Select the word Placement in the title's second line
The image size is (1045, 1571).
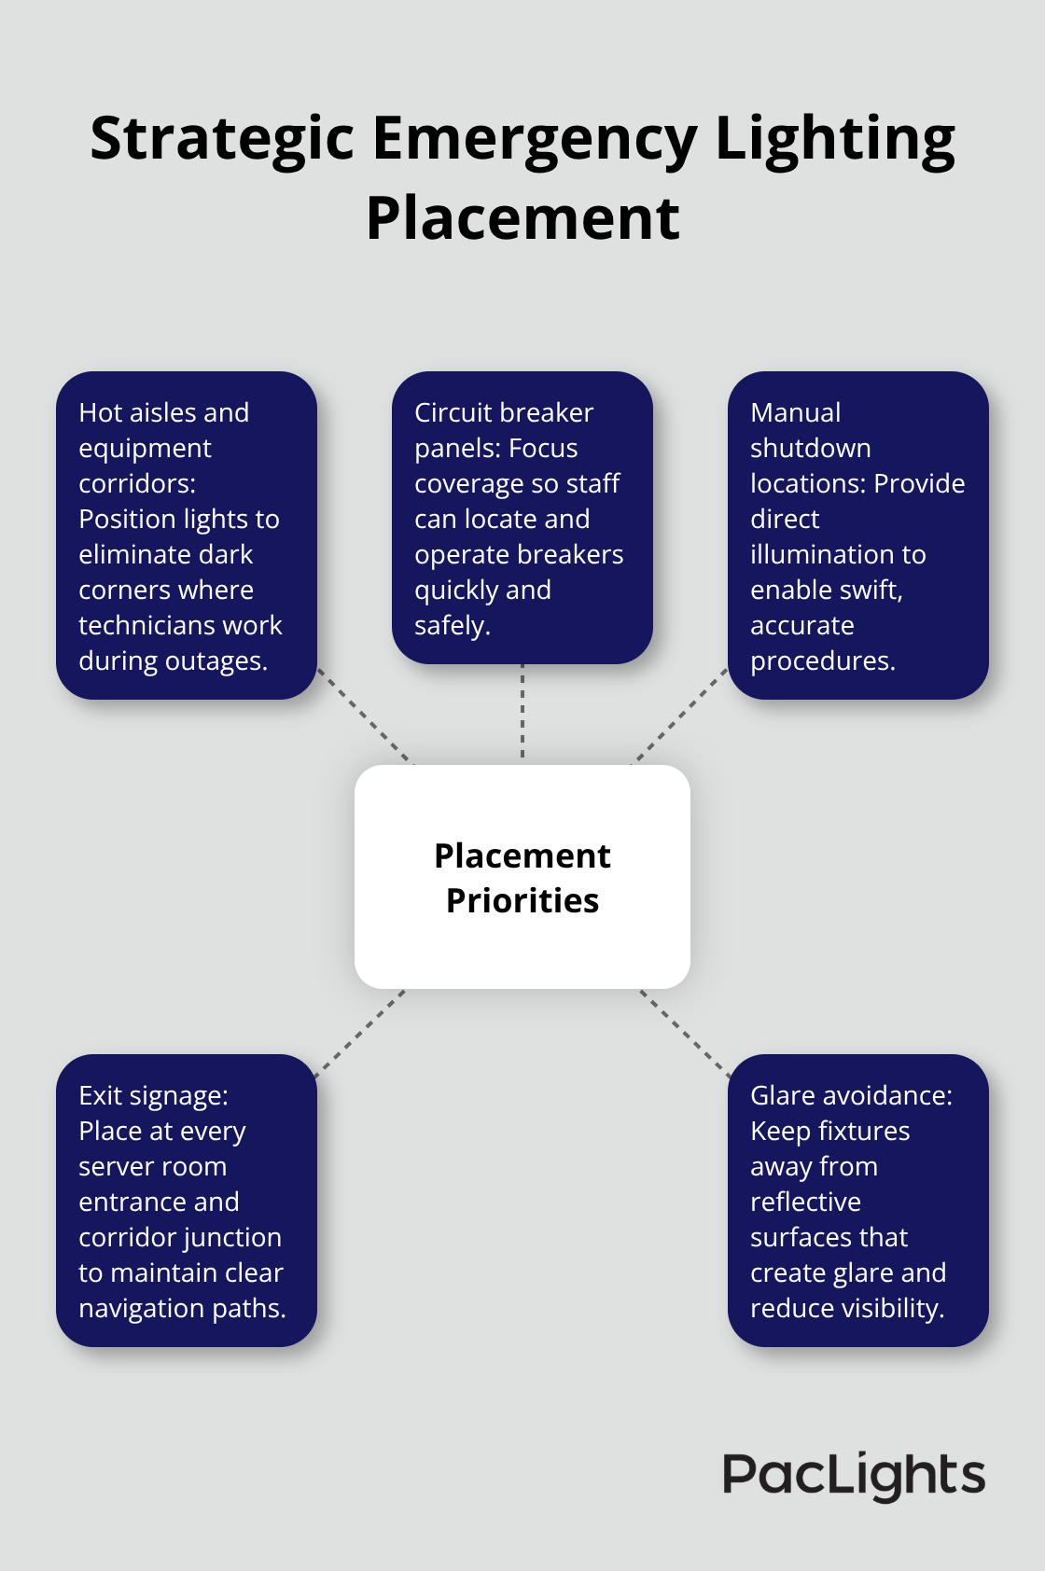coord(522,218)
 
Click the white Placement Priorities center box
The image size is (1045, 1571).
coord(522,877)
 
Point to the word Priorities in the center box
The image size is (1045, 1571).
coord(522,900)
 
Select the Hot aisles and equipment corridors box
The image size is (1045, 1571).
coord(187,535)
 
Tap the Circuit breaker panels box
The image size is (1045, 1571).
coord(522,518)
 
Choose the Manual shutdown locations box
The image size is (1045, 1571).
coord(858,535)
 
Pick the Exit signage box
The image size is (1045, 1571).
coord(187,1200)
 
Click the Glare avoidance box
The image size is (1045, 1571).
coord(858,1200)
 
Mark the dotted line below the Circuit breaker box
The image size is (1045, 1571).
coord(522,711)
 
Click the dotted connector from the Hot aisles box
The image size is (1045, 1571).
coord(365,716)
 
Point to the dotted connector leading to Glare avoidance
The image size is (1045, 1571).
coord(685,1033)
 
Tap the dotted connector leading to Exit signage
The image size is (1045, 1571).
coord(360,1033)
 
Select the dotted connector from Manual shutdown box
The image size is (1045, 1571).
coord(680,716)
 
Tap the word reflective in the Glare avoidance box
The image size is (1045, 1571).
coord(806,1202)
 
